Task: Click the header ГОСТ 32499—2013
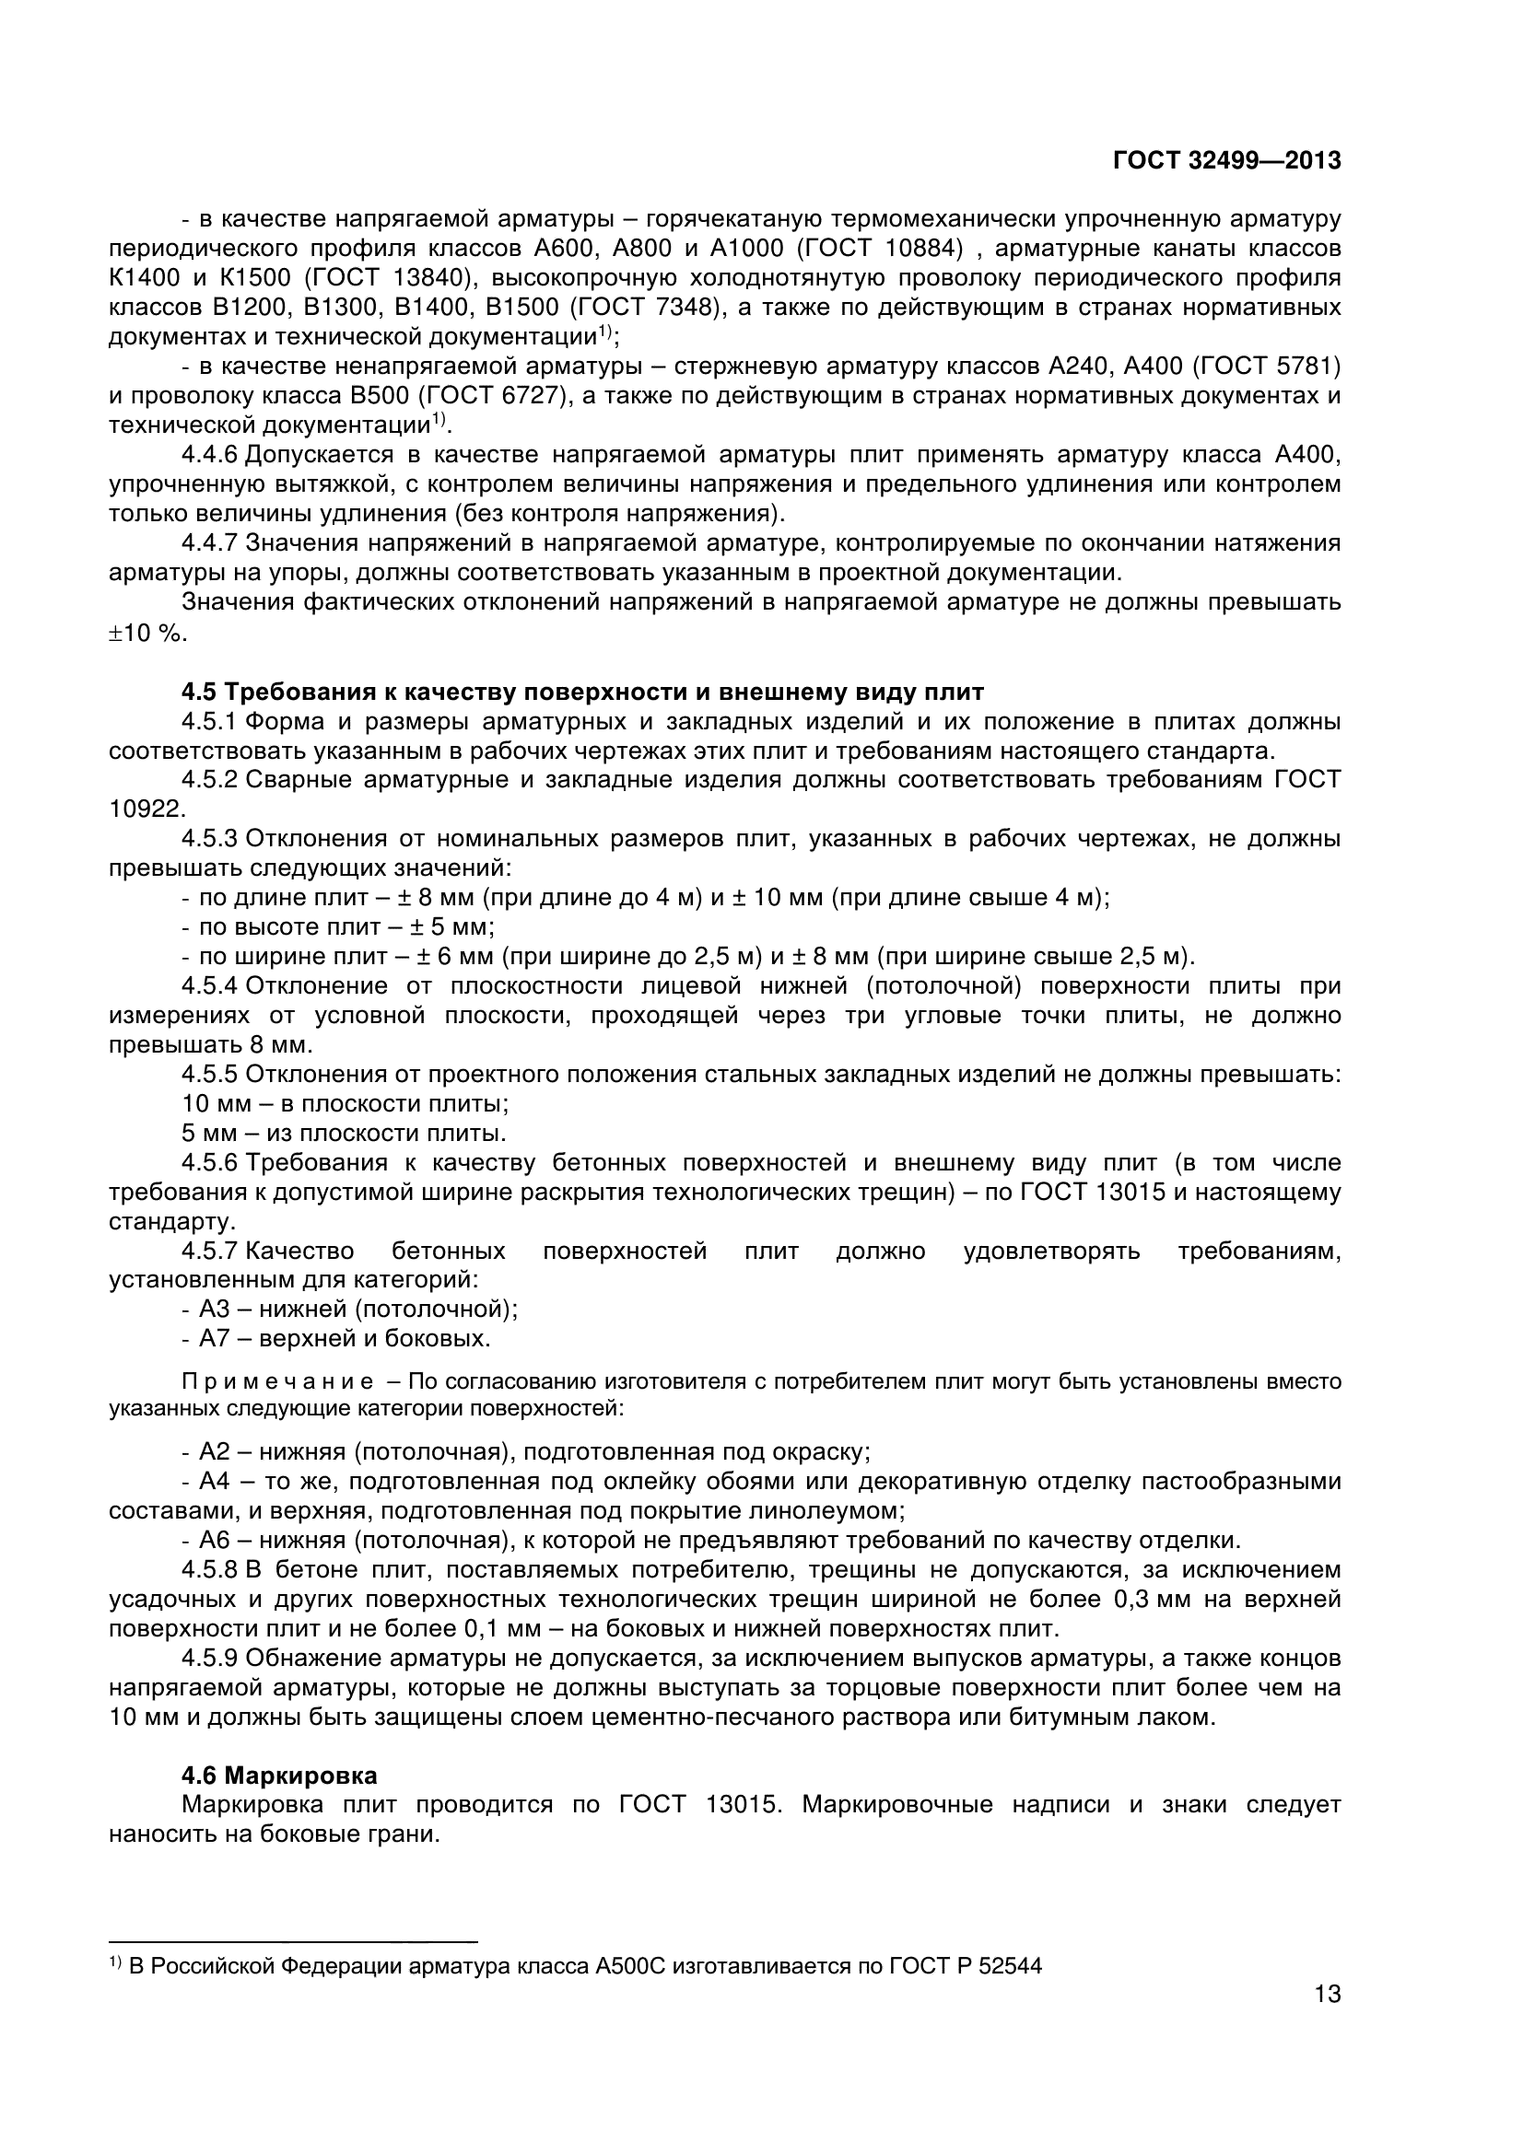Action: tap(1226, 161)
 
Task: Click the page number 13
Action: tap(1327, 2019)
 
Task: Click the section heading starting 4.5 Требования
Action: tap(581, 693)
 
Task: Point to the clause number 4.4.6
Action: tap(211, 456)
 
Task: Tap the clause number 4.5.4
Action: tap(211, 986)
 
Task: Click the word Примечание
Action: tap(276, 1382)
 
